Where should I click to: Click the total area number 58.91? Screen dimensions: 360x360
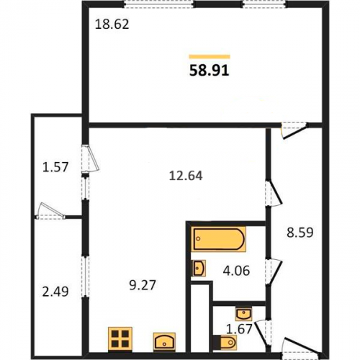210,71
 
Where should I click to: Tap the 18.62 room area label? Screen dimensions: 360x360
112,24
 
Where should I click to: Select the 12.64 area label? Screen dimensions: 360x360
186,176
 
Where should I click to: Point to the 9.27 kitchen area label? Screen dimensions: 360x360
143,285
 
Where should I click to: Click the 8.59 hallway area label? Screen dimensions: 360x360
300,233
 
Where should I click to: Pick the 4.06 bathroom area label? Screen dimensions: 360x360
236,271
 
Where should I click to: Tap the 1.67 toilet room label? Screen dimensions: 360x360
239,329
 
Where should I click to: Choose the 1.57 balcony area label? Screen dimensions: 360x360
55,167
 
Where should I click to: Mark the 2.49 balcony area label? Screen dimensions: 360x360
55,292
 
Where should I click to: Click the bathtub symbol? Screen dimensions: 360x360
219,239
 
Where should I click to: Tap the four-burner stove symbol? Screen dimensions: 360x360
120,339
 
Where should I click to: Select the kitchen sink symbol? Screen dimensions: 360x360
164,341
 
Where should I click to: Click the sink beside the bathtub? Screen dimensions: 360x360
199,269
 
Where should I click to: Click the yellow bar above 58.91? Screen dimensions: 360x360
210,57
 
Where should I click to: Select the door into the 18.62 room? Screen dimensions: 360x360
294,130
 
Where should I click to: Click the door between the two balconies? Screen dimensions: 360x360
50,211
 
